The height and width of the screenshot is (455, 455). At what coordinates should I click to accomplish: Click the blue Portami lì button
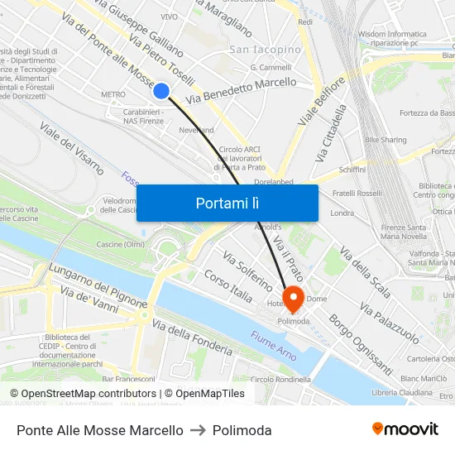pos(227,203)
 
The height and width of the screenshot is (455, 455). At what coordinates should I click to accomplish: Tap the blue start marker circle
pos(162,91)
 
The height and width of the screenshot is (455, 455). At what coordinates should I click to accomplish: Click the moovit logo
pos(405,429)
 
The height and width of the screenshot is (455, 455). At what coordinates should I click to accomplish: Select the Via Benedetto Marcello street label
pos(242,91)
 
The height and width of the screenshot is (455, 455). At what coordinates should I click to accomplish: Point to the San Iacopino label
pos(265,50)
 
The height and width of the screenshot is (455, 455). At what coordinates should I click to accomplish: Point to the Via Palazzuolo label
pos(390,323)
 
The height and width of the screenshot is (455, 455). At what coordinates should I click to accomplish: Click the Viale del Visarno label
pos(72,148)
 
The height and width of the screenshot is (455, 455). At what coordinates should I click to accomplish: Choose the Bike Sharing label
pos(386,141)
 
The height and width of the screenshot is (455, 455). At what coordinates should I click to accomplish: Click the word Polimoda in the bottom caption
pos(242,430)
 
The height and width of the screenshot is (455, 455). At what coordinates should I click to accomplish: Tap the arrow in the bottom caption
pos(198,430)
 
